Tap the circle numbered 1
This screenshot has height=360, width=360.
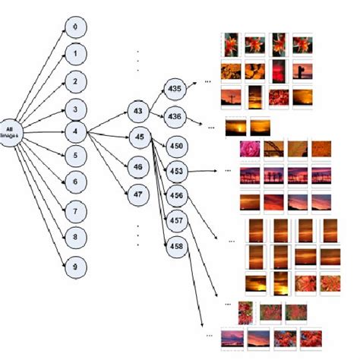click(74, 54)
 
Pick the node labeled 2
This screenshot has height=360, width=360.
click(74, 81)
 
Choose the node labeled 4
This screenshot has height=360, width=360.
click(74, 131)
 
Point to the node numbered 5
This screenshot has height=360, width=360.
click(74, 156)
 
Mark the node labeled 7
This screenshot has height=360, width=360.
click(74, 209)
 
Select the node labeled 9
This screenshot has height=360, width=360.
click(74, 266)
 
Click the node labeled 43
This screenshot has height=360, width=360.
click(137, 112)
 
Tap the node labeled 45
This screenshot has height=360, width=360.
click(137, 137)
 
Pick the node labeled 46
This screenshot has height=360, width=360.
click(137, 166)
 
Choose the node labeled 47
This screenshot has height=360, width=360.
click(137, 192)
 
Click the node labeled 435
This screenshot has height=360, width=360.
click(175, 89)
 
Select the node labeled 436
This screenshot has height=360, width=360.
click(175, 115)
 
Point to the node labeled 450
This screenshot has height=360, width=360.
click(175, 145)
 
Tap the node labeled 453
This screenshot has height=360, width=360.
click(175, 170)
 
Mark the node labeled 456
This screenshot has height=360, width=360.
click(175, 195)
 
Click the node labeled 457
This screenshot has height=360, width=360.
click(175, 220)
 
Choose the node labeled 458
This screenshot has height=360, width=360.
click(175, 247)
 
